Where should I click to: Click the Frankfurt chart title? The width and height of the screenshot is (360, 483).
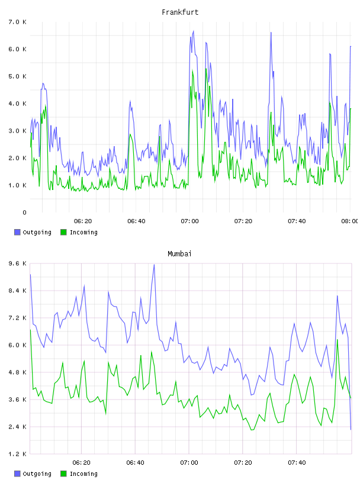coord(180,12)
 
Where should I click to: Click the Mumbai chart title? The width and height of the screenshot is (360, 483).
coord(179,254)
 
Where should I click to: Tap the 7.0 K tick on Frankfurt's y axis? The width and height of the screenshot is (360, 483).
coord(18,22)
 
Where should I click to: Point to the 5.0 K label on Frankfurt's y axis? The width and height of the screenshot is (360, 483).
coord(18,76)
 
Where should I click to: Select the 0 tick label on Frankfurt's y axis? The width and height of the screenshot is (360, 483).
coord(24,212)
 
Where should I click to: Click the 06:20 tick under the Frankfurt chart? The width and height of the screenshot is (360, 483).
coord(83,221)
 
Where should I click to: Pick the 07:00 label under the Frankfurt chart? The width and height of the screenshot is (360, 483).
coord(189,221)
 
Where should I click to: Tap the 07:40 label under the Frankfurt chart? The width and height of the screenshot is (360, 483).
coord(297,221)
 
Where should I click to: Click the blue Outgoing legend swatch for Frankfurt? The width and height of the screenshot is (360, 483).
coord(17,232)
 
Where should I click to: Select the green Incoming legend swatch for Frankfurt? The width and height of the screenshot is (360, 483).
coord(63,232)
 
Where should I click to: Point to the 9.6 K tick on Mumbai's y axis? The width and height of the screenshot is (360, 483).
coord(18,263)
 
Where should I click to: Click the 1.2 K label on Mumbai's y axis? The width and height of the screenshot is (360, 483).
coord(18,454)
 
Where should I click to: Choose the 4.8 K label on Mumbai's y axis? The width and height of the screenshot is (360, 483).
coord(18,372)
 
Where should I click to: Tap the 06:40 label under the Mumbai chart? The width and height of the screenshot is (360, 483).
coord(136,462)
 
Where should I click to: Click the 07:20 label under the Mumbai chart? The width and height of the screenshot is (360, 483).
coord(243,462)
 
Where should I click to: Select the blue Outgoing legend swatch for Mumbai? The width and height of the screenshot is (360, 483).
coord(17,474)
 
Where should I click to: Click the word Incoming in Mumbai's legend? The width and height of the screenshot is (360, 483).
coord(83,474)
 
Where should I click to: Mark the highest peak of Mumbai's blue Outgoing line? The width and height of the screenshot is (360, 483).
coord(154,265)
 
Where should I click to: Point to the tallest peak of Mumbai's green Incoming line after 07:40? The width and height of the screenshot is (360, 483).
coord(337,339)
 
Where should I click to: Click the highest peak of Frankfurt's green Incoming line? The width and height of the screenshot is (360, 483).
coord(206,69)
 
